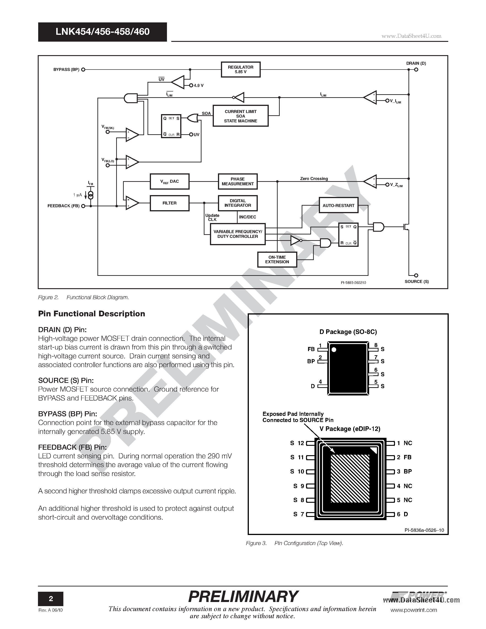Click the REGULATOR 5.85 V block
click(240, 69)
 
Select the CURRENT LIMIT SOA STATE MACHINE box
click(240, 116)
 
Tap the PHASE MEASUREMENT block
click(238, 181)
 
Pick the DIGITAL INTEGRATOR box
click(238, 203)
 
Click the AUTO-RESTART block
click(338, 205)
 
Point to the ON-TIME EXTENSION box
click(277, 260)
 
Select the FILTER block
click(169, 203)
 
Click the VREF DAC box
click(169, 181)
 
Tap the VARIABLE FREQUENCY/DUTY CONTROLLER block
click(238, 234)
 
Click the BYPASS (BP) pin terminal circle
click(83, 69)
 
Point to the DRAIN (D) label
click(416, 63)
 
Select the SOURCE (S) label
click(416, 281)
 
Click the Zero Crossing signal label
click(314, 179)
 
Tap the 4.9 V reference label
click(199, 86)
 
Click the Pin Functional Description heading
click(91, 314)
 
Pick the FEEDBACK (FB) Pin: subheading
click(72, 447)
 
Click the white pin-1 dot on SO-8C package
click(334, 350)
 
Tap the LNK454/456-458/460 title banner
click(102, 32)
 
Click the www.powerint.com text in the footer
click(414, 610)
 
